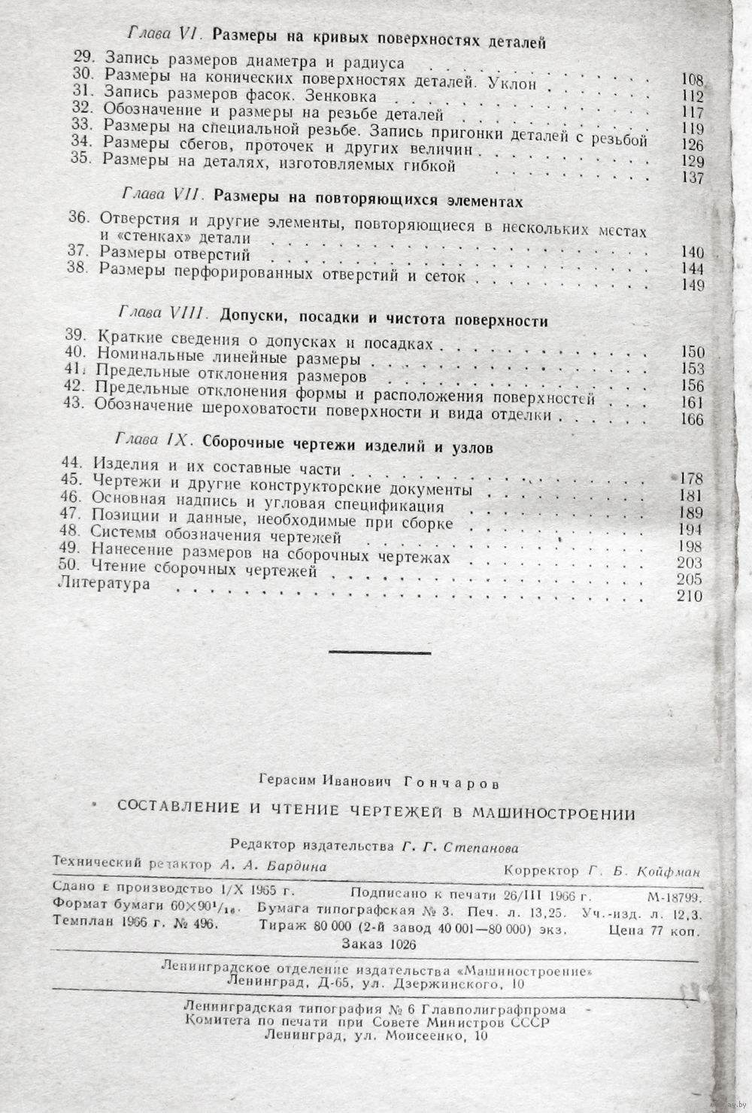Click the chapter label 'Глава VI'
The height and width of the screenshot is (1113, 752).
(162, 35)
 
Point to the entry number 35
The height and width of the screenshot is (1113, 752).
(80, 160)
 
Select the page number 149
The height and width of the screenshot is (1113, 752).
(691, 285)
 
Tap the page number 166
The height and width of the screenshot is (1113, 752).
(691, 420)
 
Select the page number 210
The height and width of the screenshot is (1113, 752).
(689, 596)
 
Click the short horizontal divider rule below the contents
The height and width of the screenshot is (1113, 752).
(380, 652)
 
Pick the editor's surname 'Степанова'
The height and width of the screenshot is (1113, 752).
(480, 847)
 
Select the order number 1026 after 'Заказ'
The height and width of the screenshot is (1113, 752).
(401, 944)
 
